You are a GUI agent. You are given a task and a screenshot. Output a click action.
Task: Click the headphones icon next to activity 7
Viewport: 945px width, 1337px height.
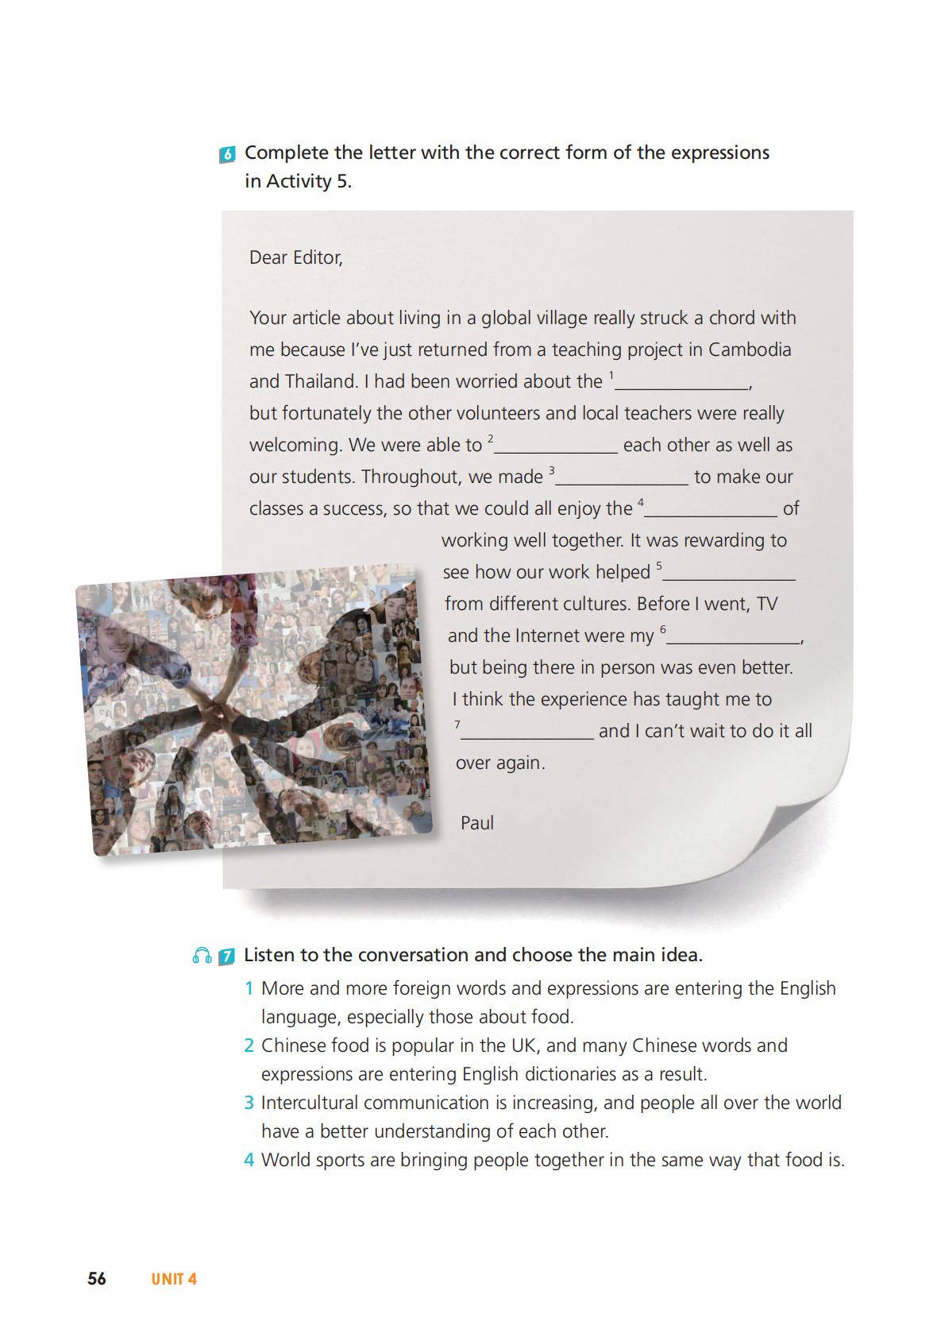click(x=202, y=956)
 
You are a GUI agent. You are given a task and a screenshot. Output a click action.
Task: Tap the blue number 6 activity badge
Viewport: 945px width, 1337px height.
click(x=227, y=155)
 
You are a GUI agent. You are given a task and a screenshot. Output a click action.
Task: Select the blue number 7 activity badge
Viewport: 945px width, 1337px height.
click(x=226, y=956)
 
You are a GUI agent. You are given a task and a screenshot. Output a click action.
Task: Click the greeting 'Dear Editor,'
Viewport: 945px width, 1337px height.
click(x=295, y=257)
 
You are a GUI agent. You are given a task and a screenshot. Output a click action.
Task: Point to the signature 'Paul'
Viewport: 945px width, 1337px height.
click(x=476, y=823)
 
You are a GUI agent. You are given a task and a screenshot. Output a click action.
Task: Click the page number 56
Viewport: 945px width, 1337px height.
click(x=97, y=1278)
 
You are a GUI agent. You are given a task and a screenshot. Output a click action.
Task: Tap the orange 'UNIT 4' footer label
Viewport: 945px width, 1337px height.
click(x=174, y=1279)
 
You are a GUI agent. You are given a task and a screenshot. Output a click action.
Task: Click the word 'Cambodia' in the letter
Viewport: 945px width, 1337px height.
click(x=750, y=350)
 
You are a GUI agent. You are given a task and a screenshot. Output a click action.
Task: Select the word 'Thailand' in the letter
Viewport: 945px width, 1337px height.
click(x=320, y=381)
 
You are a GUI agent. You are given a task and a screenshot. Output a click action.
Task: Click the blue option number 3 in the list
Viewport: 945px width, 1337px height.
click(x=249, y=1103)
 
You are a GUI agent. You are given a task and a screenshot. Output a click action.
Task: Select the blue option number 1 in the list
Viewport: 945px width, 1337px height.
click(x=249, y=988)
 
